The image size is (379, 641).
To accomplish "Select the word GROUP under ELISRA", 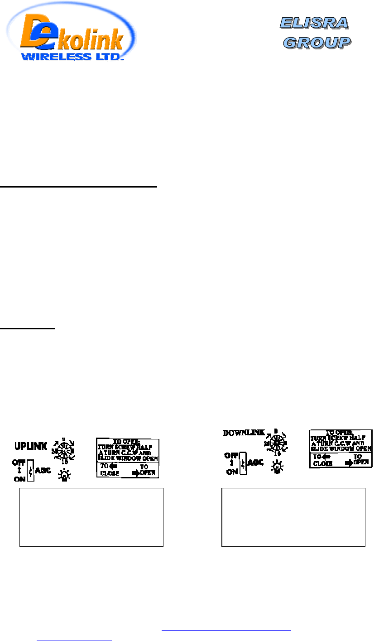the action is (x=317, y=42).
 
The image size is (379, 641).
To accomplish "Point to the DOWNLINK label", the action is (x=244, y=433).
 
